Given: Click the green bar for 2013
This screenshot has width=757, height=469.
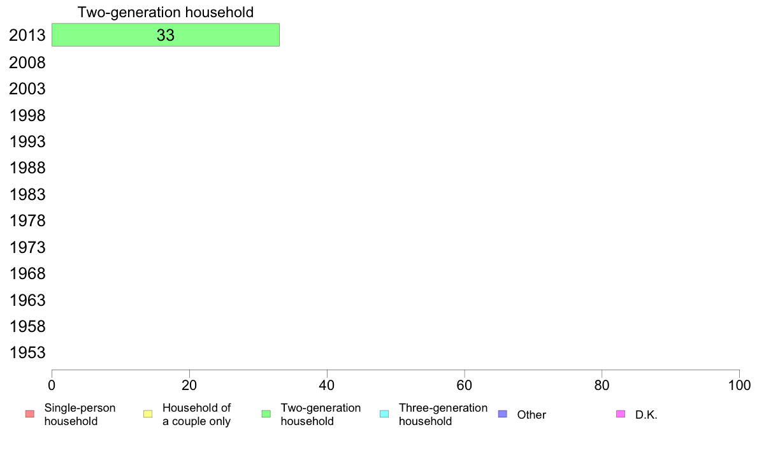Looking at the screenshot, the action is click(x=166, y=35).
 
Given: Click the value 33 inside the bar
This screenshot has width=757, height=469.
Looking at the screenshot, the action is click(x=166, y=35).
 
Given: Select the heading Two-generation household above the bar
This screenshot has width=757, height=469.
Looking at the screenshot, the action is click(x=166, y=12).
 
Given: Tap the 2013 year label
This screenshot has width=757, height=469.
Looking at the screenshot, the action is click(x=27, y=35).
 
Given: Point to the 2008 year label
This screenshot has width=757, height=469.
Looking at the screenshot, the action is click(x=27, y=62).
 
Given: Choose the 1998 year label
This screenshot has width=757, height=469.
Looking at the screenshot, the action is click(x=27, y=115).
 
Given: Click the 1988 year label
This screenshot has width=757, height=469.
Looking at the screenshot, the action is click(x=27, y=168).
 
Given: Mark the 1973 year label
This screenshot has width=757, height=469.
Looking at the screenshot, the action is click(x=27, y=247).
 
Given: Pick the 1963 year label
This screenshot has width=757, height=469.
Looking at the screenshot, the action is click(x=27, y=300).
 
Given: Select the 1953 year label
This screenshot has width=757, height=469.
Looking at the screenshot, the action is click(x=27, y=352).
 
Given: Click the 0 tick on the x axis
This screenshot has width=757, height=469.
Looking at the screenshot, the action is click(x=52, y=385).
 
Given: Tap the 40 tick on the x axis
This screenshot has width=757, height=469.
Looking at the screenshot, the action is click(x=327, y=385).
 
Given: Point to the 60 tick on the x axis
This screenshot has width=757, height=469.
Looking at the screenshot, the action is click(x=465, y=385).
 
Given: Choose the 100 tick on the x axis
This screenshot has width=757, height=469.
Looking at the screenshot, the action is click(x=739, y=385).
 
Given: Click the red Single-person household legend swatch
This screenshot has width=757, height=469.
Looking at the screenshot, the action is click(x=30, y=414).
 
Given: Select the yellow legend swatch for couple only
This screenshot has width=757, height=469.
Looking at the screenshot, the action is click(x=148, y=414).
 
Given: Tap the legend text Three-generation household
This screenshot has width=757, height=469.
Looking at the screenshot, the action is click(x=443, y=414).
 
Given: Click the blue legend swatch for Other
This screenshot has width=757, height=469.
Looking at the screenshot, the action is click(x=503, y=414).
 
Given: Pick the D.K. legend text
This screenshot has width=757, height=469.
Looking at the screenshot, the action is click(x=646, y=414).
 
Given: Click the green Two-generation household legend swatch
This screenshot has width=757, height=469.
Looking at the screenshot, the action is click(x=266, y=414).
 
